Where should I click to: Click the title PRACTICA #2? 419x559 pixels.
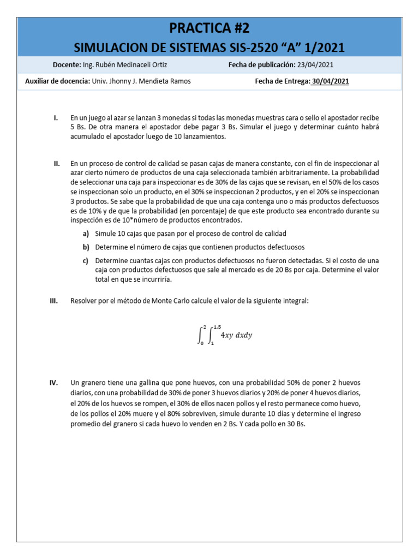coord(210,28)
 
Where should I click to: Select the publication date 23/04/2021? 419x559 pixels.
coord(315,65)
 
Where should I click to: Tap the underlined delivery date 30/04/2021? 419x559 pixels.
coord(330,82)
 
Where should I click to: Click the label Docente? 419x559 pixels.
coord(67,65)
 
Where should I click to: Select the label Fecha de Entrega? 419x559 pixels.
coord(282,82)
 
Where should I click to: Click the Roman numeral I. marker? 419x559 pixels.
coord(56,118)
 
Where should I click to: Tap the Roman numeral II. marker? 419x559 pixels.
coord(56,163)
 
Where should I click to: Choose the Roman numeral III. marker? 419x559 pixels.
coord(55,301)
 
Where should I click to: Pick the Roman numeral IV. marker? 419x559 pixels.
coord(54,383)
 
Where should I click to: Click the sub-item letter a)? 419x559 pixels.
coord(86,234)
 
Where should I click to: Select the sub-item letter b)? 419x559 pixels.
coord(86,247)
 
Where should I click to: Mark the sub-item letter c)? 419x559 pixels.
coord(86,260)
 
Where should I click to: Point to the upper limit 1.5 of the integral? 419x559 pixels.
coord(217,326)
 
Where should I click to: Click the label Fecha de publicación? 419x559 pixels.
coord(261,65)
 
